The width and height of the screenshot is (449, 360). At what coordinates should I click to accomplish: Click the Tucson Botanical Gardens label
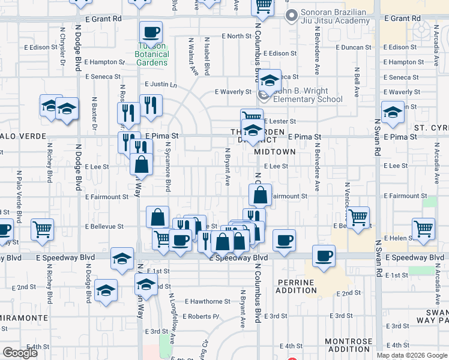[151, 55]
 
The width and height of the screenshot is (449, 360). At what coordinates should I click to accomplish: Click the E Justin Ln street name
[161, 85]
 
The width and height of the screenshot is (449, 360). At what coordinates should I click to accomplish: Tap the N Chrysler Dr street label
[62, 46]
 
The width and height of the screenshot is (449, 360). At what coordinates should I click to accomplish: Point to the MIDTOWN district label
[274, 152]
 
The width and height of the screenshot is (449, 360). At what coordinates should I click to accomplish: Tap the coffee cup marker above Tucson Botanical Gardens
[151, 31]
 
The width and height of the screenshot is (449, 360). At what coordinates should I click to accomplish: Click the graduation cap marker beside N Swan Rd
[393, 113]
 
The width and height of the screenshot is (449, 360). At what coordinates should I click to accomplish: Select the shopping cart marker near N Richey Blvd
[43, 229]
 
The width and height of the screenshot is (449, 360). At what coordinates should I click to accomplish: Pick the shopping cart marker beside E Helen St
[424, 229]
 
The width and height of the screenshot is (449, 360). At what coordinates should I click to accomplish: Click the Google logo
[20, 353]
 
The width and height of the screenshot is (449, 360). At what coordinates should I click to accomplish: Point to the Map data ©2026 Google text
[411, 355]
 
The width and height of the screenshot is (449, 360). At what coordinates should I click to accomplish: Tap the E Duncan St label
[354, 47]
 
